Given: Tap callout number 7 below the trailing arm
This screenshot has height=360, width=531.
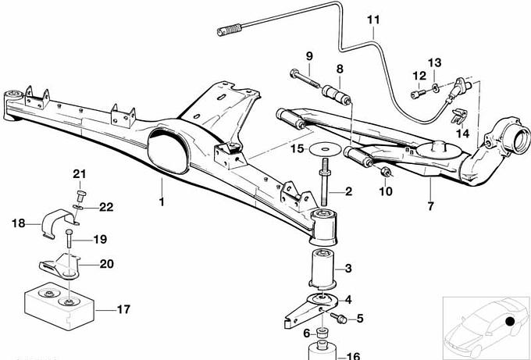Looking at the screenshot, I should click(429, 206).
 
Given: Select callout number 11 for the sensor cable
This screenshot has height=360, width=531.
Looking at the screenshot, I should click(373, 19).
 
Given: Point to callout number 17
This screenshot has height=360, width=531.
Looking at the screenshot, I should click(123, 310).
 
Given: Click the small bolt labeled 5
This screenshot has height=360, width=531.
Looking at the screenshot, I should click(341, 317).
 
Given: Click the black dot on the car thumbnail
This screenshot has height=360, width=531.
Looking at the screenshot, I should click(508, 320).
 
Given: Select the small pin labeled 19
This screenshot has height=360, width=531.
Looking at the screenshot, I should click(69, 241).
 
